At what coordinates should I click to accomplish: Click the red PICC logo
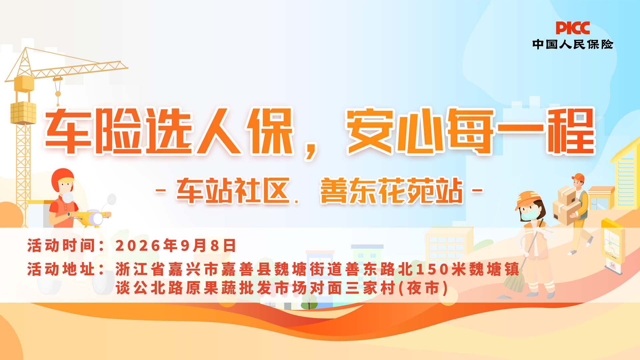pos(573,28)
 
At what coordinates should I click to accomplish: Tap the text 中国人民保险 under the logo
pos(573,44)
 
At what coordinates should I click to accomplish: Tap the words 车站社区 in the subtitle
pos(233,190)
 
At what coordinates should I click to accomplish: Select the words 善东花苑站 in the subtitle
pos(392,190)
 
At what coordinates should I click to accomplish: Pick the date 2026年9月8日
pos(176,246)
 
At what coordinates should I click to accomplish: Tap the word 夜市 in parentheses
pos(423,288)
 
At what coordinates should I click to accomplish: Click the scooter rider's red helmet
pos(62,180)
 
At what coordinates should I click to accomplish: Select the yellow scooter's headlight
pos(97,219)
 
